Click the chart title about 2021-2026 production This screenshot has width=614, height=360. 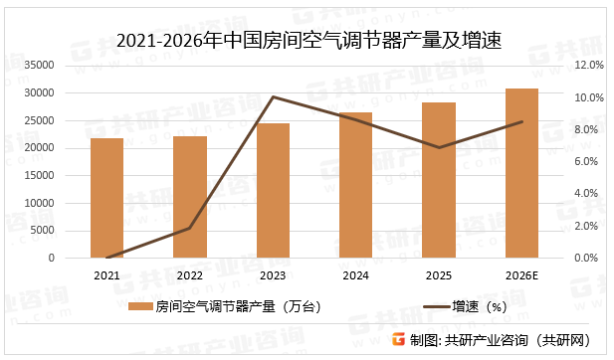click(307, 41)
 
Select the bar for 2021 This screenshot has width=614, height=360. click(107, 198)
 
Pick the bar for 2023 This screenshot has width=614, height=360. click(273, 191)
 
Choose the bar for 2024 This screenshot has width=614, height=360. click(355, 185)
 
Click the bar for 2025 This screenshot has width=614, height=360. click(439, 180)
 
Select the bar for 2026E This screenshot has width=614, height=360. click(521, 173)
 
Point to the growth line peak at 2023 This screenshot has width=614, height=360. click(273, 97)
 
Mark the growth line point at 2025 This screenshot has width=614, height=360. click(439, 147)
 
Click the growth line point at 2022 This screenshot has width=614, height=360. click(190, 228)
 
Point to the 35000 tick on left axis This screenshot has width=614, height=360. click(67, 66)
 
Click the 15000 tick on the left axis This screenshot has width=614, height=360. click(67, 176)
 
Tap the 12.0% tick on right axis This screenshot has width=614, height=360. click(590, 66)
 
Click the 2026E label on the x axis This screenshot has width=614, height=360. click(521, 275)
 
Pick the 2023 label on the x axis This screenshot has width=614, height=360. click(273, 275)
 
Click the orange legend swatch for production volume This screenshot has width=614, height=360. click(142, 306)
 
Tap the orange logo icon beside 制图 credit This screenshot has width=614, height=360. click(397, 338)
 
